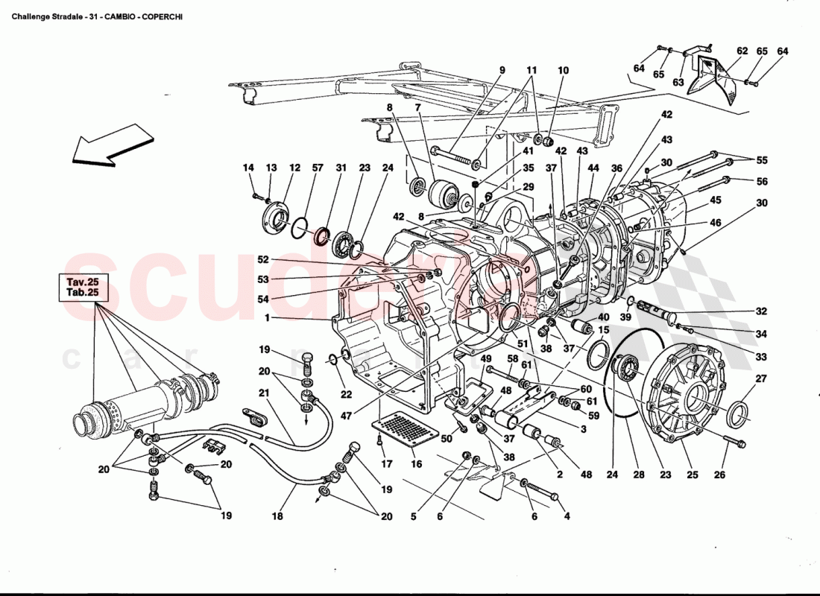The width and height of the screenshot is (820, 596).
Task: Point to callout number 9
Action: tap(502, 71)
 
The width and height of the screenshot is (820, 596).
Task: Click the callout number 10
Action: tap(563, 71)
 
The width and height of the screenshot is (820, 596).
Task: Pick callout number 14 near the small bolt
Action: tap(250, 168)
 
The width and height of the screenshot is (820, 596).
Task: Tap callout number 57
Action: tap(318, 168)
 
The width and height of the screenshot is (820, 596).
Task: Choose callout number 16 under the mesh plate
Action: tap(416, 464)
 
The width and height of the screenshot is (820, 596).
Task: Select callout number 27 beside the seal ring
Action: tap(760, 379)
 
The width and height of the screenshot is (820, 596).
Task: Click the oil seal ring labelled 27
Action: tap(739, 414)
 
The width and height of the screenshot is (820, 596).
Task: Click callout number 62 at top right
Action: tap(742, 51)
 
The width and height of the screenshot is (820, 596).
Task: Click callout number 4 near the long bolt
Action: tap(566, 517)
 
